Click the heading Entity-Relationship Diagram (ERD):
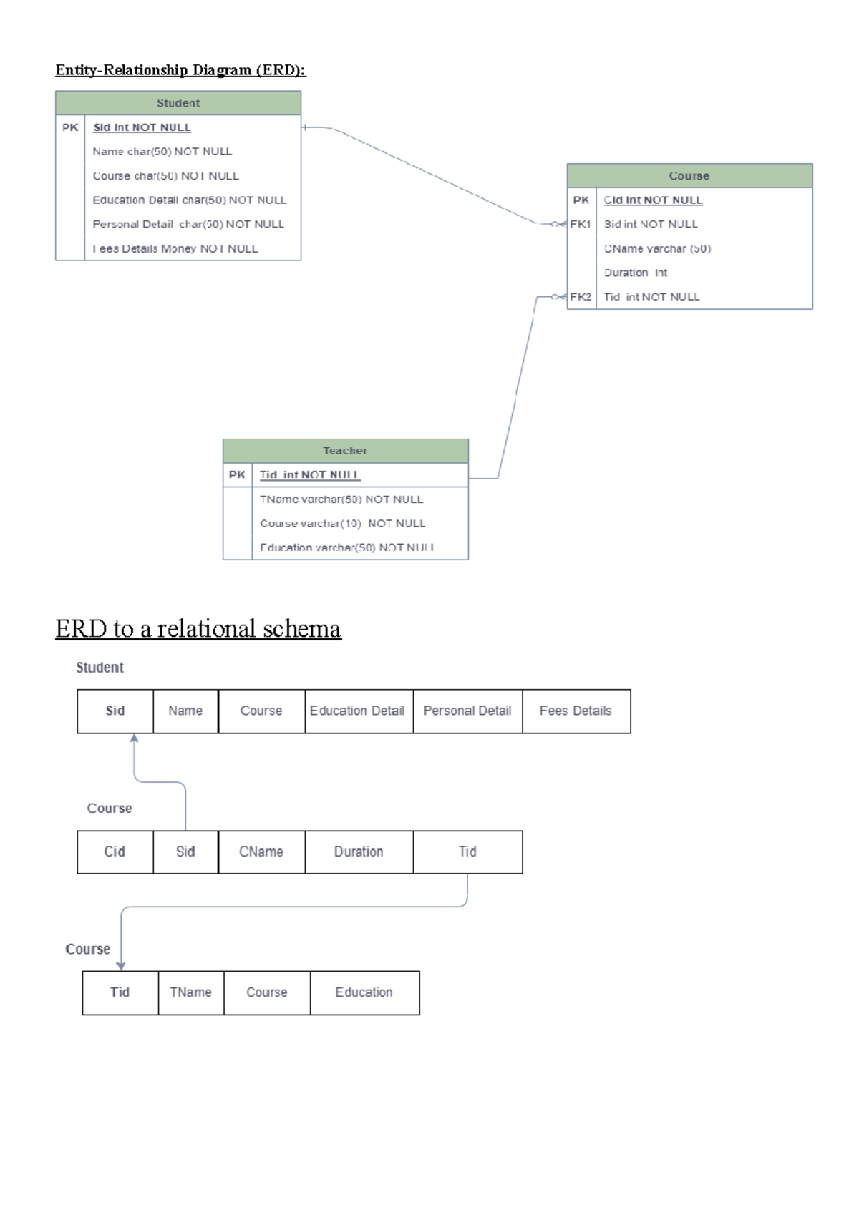(180, 70)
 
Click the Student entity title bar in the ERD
(178, 103)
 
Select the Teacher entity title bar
(345, 451)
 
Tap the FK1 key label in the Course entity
(581, 224)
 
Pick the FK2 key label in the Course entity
(581, 297)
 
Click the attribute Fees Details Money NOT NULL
(175, 249)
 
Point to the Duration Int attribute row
(636, 273)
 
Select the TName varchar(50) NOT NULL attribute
(341, 499)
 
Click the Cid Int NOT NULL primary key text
(653, 200)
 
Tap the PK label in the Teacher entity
(237, 475)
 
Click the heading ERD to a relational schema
(198, 629)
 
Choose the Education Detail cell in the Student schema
(357, 711)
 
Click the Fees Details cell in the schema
(576, 711)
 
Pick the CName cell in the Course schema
(261, 852)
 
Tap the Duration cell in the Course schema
(359, 852)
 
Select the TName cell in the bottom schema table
(190, 992)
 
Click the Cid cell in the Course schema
(115, 852)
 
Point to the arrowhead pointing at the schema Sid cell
(134, 738)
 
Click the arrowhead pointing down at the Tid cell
(121, 966)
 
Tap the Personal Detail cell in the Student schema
(467, 711)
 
